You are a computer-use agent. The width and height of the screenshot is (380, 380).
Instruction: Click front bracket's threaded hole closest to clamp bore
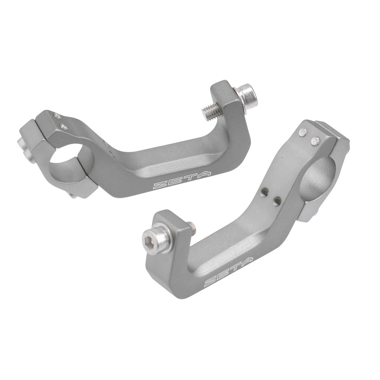(x=277, y=201)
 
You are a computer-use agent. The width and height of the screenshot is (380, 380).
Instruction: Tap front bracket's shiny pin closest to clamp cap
(x=315, y=140)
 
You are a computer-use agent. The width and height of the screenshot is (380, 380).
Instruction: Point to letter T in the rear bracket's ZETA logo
(x=189, y=178)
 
